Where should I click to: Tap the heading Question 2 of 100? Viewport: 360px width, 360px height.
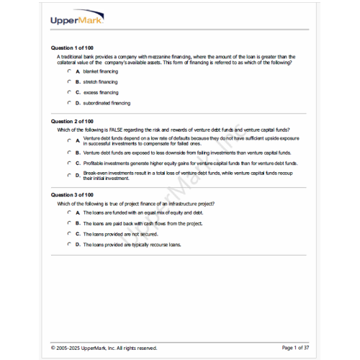pyautogui.click(x=73, y=121)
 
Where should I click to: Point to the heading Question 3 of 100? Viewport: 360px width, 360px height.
pyautogui.click(x=73, y=194)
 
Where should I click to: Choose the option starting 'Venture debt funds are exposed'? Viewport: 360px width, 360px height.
pyautogui.click(x=186, y=153)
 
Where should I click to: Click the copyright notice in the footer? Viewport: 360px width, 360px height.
pyautogui.click(x=104, y=348)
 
